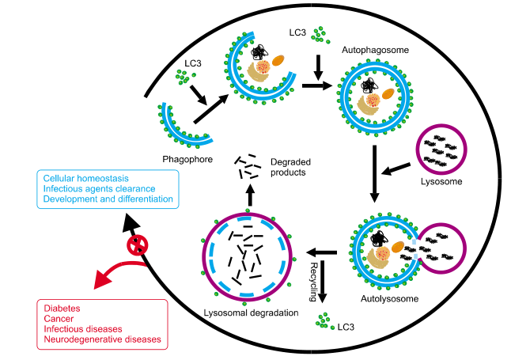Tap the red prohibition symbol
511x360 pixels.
click(138, 244)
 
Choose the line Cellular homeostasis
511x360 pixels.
click(86, 178)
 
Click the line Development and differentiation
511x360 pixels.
click(108, 199)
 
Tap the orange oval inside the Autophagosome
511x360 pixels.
click(388, 93)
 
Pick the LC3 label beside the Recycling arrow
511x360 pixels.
click(343, 326)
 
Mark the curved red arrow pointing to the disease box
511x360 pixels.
click(119, 272)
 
